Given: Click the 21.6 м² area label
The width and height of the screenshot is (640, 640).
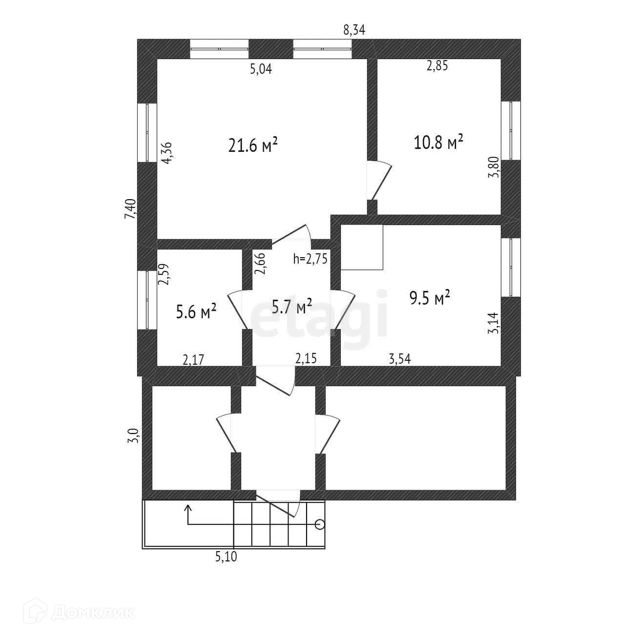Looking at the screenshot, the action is (x=253, y=145).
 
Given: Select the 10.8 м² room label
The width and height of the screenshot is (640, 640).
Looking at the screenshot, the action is (x=438, y=143).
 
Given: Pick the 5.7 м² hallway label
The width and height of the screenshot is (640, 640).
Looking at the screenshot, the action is (x=291, y=307).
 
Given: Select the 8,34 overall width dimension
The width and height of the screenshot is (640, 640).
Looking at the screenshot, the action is (x=354, y=30).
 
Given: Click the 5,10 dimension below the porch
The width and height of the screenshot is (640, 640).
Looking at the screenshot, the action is (x=226, y=557).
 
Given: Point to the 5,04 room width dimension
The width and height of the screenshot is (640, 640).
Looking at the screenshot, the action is (x=261, y=69).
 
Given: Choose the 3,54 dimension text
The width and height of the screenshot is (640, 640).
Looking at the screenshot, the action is (x=400, y=359).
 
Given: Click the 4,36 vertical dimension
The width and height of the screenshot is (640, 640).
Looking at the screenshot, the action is (x=166, y=152).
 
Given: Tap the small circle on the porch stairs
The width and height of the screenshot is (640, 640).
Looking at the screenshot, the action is (x=320, y=525).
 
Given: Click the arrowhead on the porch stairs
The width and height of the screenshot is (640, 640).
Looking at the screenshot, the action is (x=188, y=508).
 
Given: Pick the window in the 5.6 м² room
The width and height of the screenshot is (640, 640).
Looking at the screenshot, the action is (x=146, y=299).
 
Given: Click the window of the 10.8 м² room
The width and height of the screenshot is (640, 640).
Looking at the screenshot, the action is (x=511, y=131).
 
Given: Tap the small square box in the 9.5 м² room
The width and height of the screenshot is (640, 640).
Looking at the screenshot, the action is (x=362, y=247).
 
